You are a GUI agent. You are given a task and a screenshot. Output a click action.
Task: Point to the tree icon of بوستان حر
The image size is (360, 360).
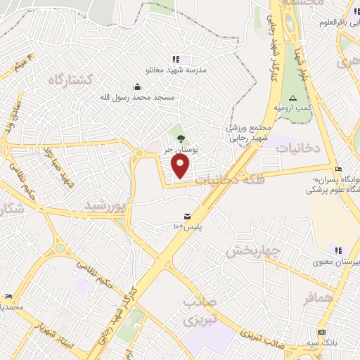181,139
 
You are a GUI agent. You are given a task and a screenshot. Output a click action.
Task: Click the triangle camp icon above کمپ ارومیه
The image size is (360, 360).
293,95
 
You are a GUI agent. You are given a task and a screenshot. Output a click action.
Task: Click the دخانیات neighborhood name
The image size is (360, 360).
297,148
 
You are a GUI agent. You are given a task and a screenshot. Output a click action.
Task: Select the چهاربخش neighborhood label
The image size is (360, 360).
255,250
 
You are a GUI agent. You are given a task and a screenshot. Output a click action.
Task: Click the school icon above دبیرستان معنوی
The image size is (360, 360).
338,250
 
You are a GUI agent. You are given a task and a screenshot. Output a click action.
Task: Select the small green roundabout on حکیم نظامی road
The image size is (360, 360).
60,247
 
